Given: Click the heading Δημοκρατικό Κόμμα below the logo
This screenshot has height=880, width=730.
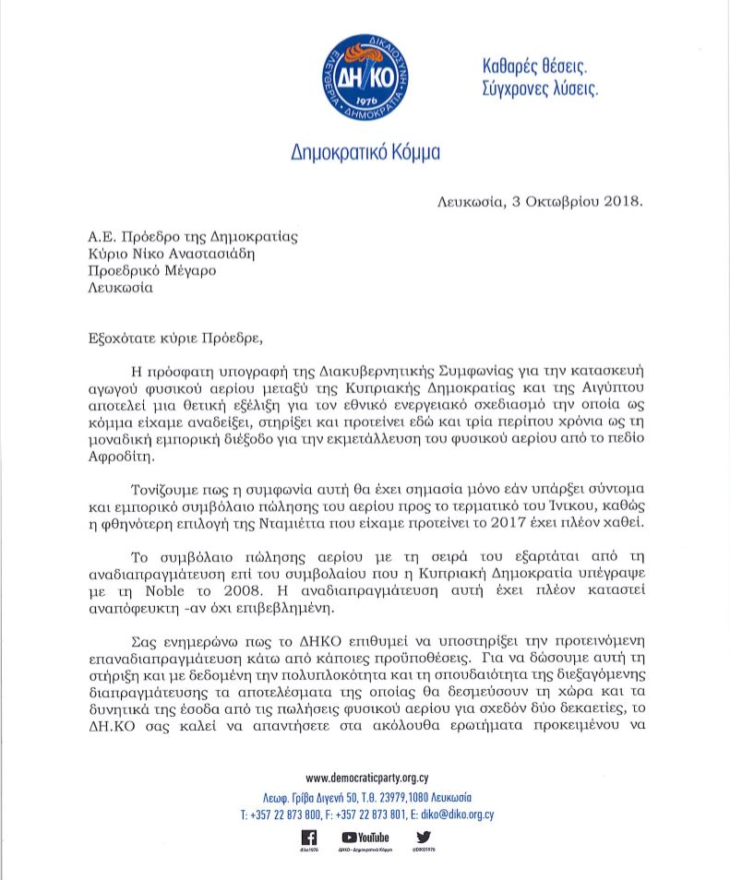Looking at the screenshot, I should (x=365, y=151).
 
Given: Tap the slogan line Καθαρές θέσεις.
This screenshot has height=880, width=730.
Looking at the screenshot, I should (x=534, y=66).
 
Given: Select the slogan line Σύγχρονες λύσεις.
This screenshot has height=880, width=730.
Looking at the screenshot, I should (x=541, y=89).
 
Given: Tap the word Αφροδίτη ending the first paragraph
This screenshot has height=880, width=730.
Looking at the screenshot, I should (x=120, y=458).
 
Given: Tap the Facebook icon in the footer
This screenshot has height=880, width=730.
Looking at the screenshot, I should (x=310, y=837).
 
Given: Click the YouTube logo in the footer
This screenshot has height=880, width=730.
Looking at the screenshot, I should (x=365, y=837).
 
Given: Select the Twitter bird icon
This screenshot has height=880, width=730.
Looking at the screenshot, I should (x=424, y=837).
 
